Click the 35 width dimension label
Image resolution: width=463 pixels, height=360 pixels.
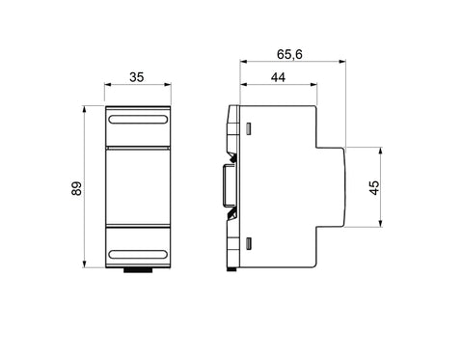pos(137,77)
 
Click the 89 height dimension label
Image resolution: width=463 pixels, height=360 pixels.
pos(77,188)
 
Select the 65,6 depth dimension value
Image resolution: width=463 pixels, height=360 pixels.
pos(289,54)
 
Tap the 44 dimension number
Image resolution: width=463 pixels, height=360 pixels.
pos(278,77)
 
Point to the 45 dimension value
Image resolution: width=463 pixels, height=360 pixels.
pos(374,188)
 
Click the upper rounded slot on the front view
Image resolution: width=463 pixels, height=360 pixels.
pos(138,120)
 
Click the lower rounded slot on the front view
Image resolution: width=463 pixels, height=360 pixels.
pos(138,255)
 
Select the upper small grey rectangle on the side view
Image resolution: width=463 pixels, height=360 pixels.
pos(248,128)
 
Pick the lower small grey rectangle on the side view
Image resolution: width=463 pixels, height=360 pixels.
pos(248,243)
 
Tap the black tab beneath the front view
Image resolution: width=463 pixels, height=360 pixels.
pos(138,270)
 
